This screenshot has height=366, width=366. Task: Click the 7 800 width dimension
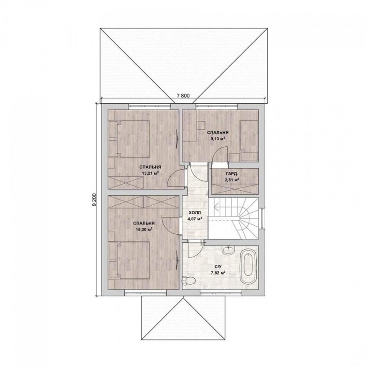coord(183,95)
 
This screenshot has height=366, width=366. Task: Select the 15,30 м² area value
coord(144,229)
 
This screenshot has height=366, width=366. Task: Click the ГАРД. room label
coord(232,174)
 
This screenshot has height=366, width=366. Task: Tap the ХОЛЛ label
coord(195,213)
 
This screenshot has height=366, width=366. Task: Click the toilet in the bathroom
coord(187,280)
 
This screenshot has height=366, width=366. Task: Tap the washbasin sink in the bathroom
coord(228,251)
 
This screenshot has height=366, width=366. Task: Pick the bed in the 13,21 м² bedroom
coord(129,139)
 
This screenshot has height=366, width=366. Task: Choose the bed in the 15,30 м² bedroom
coord(129,260)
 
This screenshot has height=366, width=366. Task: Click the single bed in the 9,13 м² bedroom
coord(249,140)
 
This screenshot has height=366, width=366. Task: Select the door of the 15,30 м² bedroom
coord(171,225)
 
